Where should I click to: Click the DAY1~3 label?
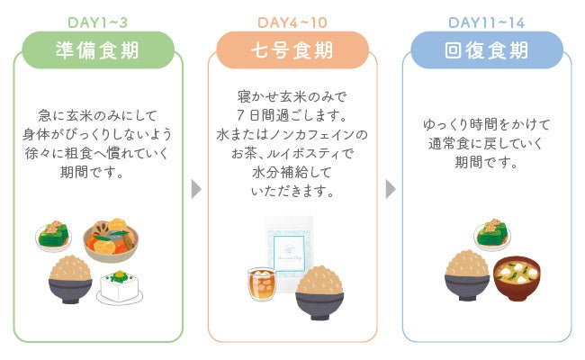coord(97,22)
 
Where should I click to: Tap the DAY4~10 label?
coord(292,22)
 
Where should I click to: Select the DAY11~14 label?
coord(487,22)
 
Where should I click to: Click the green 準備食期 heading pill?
coord(97,50)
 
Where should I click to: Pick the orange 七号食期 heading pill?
coord(292,50)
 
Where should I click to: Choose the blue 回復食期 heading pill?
coord(487,50)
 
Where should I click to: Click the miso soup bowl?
coord(517,279)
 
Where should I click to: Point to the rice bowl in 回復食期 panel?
coord(467,274)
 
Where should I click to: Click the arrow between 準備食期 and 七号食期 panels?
coord(196,190)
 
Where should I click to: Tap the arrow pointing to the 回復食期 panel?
coord(391,190)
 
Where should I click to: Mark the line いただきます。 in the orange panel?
coord(292,192)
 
